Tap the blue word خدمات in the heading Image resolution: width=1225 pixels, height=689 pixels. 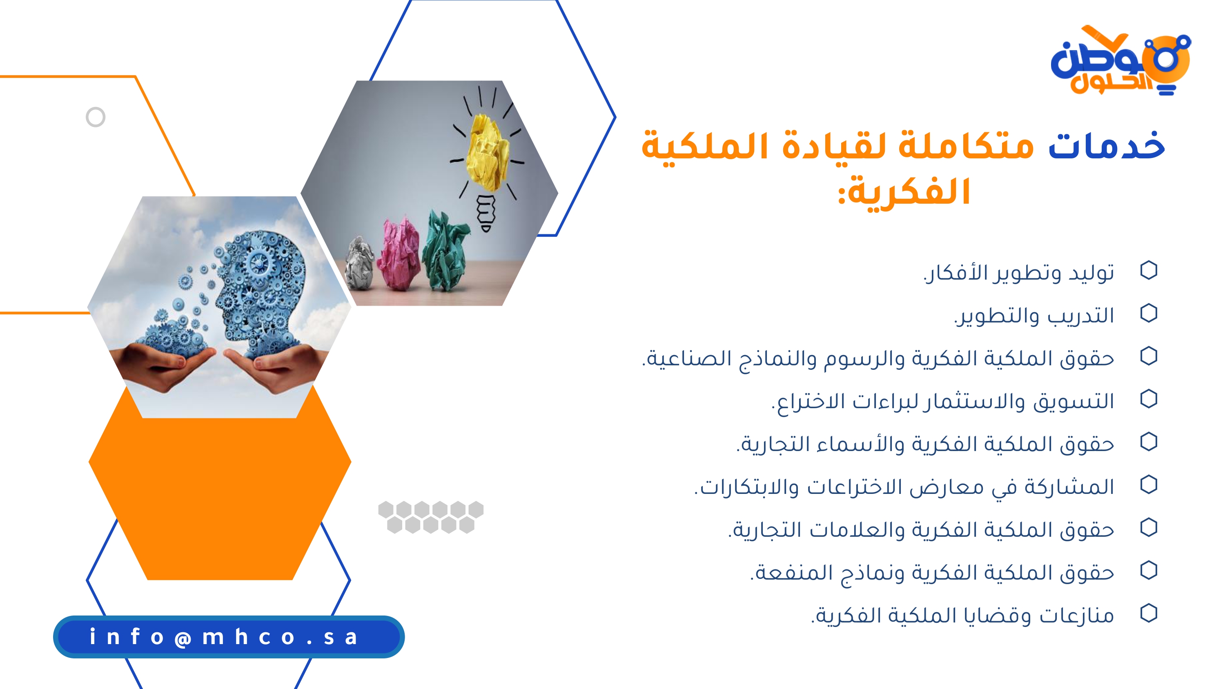click(1107, 145)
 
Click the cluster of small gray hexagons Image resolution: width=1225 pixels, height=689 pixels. click(431, 517)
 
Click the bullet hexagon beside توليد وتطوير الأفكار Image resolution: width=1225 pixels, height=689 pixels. click(1148, 271)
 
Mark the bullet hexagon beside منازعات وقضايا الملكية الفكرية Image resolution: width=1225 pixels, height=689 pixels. click(1148, 613)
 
